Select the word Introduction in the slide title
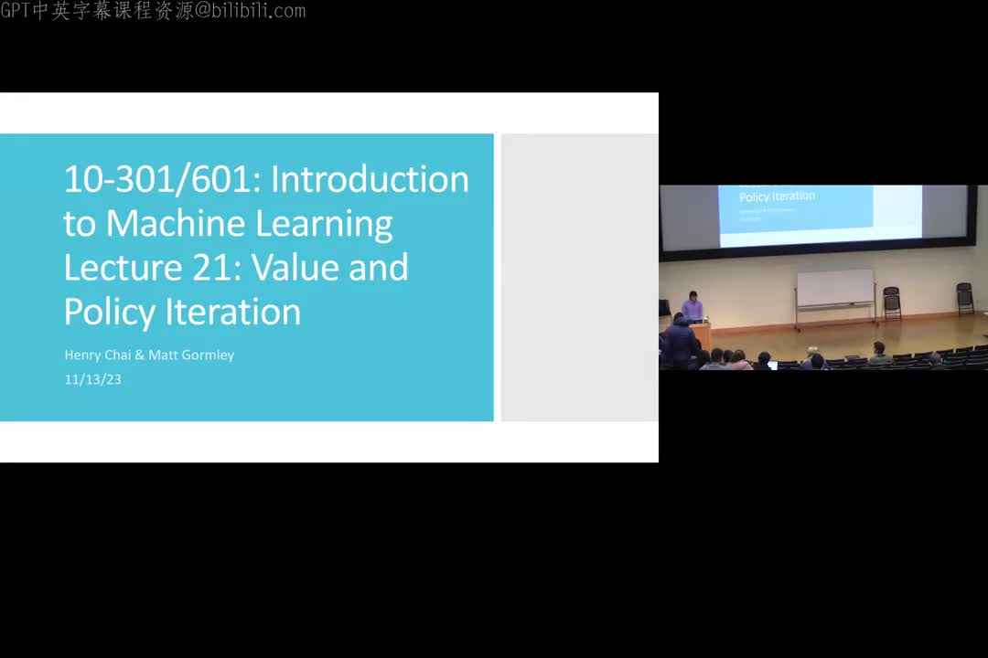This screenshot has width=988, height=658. [x=370, y=179]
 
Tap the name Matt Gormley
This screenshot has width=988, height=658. [x=191, y=355]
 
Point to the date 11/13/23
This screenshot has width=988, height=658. [x=92, y=379]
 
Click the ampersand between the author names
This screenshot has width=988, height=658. [x=140, y=355]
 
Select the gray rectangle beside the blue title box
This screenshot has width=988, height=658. [x=579, y=278]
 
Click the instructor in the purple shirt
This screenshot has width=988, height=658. [x=693, y=305]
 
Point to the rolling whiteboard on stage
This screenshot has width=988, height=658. [x=834, y=290]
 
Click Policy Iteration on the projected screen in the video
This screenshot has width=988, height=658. [x=777, y=196]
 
